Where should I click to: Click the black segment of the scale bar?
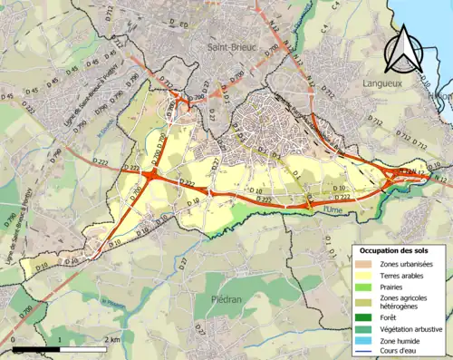(36, 348)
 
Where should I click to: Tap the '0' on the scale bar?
(14, 339)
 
